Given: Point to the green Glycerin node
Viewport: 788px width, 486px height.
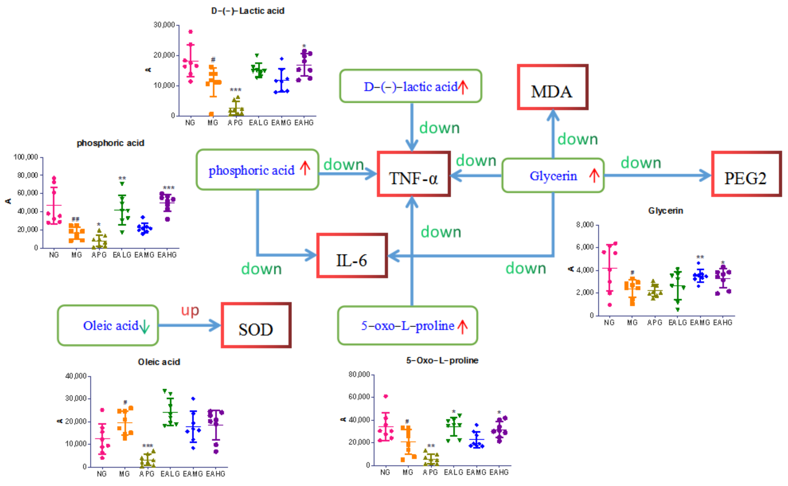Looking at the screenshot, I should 553,175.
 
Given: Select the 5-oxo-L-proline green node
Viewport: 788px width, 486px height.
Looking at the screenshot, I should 407,326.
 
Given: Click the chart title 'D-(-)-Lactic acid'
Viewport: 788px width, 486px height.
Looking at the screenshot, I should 248,11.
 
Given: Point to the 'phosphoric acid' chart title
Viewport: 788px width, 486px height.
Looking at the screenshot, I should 110,143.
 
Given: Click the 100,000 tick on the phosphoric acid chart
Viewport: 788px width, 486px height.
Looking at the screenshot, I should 26,157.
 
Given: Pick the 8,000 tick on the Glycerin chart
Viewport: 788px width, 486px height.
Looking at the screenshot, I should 585,225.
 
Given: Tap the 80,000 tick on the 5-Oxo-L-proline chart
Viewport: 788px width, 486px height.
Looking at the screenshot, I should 359,375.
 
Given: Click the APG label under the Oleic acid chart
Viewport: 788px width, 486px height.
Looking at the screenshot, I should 147,474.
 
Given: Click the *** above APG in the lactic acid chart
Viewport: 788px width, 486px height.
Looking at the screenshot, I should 235,90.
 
